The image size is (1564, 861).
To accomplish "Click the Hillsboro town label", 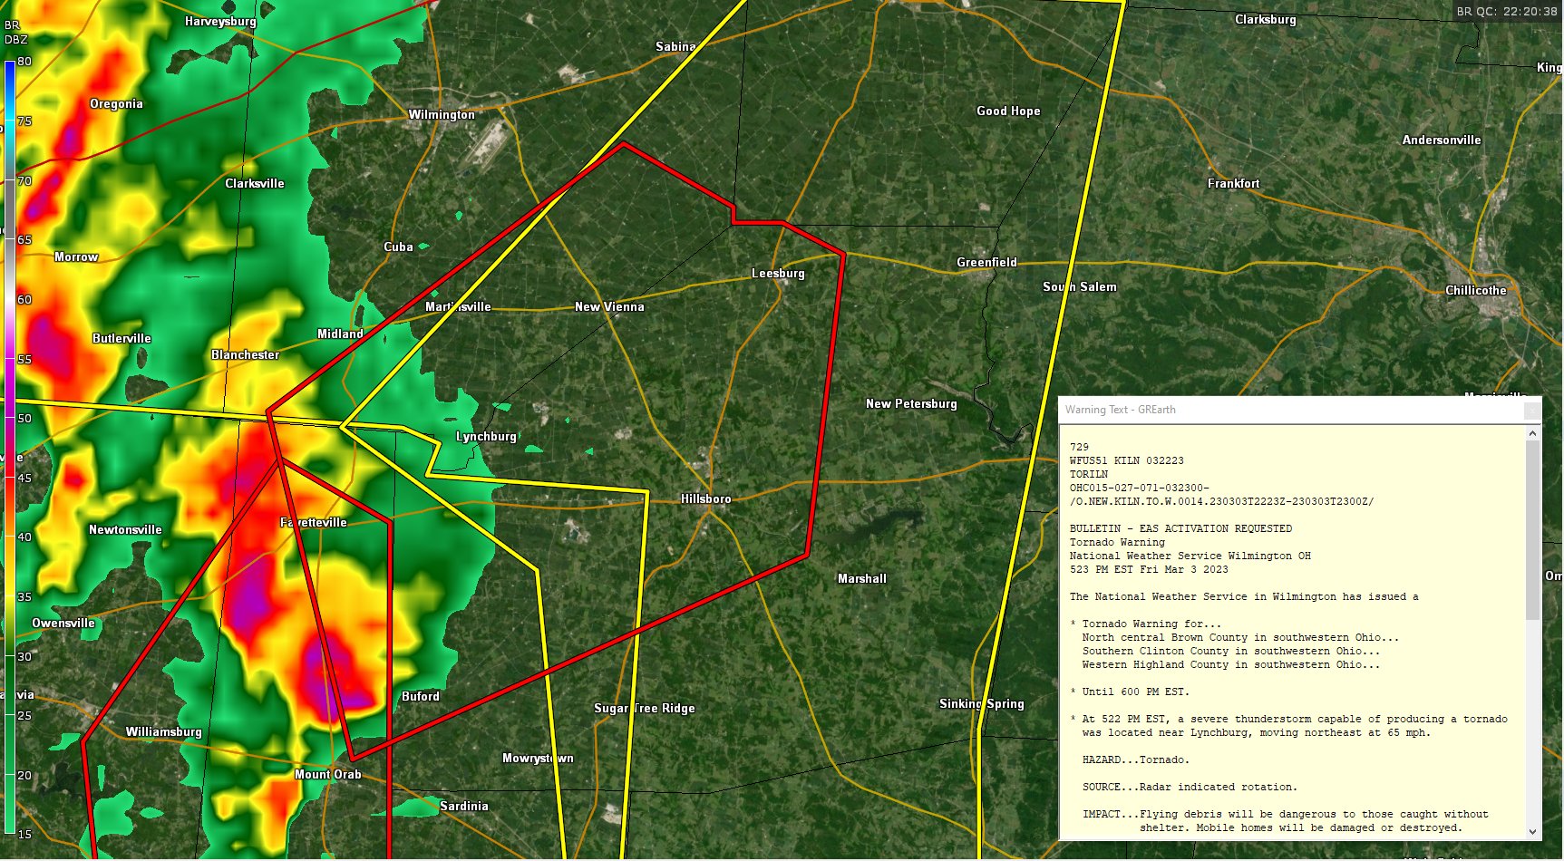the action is click(705, 499).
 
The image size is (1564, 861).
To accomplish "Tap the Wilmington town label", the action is click(441, 115).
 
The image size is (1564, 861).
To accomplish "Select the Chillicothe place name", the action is click(1475, 291).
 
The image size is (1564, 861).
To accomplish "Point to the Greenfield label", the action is click(986, 263).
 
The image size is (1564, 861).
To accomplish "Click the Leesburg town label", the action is click(778, 274).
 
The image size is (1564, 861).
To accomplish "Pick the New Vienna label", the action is click(609, 307).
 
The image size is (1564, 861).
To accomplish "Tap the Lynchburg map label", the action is click(486, 437).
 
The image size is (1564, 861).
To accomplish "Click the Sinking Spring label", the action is click(981, 704).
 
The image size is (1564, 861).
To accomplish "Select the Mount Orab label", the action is click(327, 775).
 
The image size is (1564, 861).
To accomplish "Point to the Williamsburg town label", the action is click(163, 732).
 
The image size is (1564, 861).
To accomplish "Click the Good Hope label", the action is click(1008, 111).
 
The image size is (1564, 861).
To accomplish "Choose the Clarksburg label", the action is click(1265, 20).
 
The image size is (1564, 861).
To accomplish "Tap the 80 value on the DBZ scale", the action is click(24, 62).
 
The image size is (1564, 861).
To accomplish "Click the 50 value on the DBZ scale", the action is click(24, 419).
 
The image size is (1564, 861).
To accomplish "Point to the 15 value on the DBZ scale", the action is click(24, 835).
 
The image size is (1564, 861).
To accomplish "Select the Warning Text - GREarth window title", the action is click(1120, 410).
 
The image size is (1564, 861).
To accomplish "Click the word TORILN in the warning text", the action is click(1088, 474).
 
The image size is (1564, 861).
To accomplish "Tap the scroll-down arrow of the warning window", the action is click(1532, 832).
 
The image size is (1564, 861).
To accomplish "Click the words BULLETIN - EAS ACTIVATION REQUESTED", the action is click(1180, 528).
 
